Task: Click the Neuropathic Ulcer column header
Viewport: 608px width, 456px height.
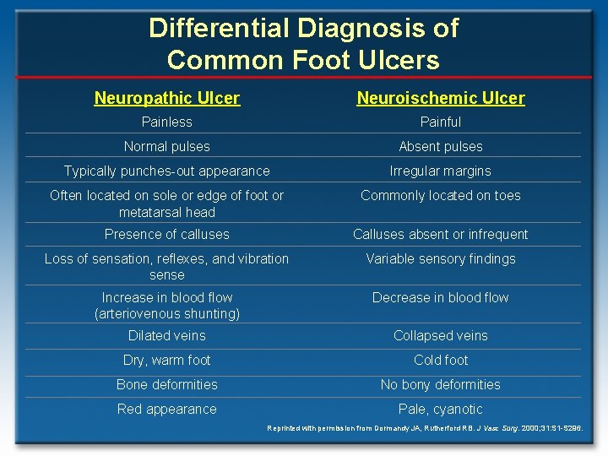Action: click(167, 98)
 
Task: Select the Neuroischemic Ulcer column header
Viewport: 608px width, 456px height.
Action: click(441, 98)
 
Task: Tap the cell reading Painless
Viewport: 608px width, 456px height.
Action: click(167, 122)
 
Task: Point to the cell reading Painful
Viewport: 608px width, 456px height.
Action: click(441, 122)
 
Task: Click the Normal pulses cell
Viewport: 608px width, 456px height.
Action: click(167, 146)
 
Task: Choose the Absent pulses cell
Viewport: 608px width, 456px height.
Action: click(441, 146)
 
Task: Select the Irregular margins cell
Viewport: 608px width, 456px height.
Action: click(441, 171)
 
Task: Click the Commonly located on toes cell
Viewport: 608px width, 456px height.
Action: click(441, 195)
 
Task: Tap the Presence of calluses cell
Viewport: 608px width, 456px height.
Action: click(167, 234)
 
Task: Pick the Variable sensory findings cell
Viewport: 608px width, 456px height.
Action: click(441, 258)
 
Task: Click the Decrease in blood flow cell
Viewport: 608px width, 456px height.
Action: click(441, 297)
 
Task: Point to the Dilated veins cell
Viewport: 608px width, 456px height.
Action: click(167, 335)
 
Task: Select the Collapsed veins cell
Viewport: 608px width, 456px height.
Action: click(441, 335)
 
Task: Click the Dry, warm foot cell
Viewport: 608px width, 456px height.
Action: click(167, 360)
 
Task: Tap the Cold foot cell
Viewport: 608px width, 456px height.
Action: click(441, 360)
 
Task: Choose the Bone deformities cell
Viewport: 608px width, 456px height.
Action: click(167, 384)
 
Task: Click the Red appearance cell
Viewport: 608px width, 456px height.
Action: click(167, 409)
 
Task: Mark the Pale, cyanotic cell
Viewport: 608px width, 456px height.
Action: click(441, 409)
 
